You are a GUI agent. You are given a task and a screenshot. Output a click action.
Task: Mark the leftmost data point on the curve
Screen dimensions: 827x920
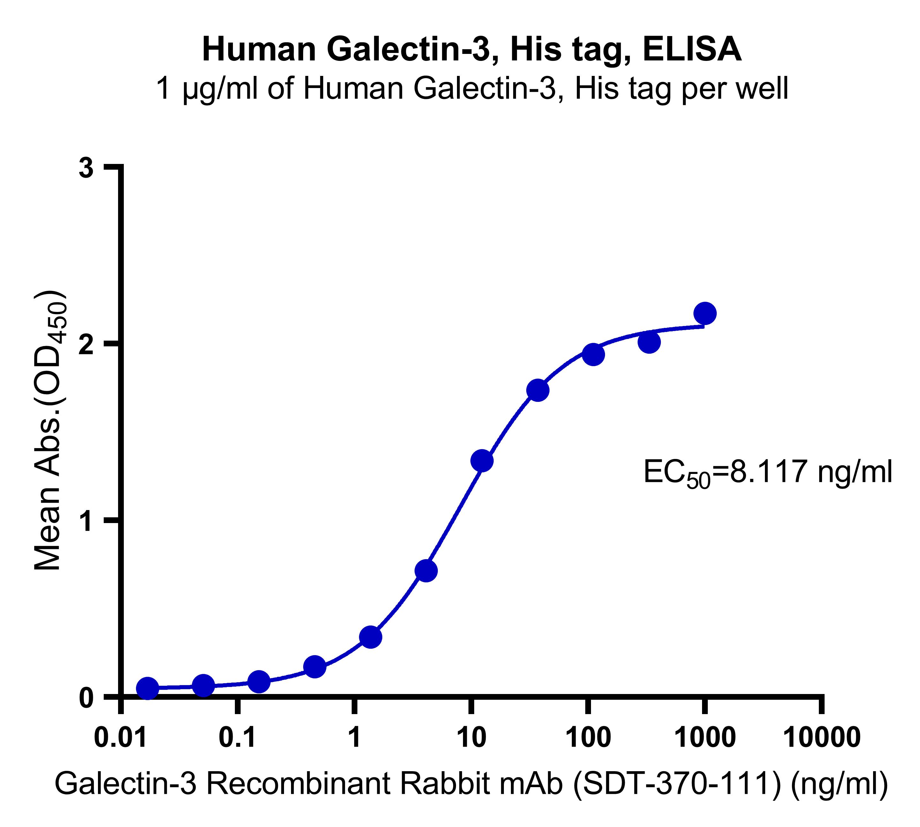click(x=147, y=688)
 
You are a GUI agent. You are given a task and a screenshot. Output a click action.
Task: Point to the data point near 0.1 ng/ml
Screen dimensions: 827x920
click(x=258, y=682)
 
